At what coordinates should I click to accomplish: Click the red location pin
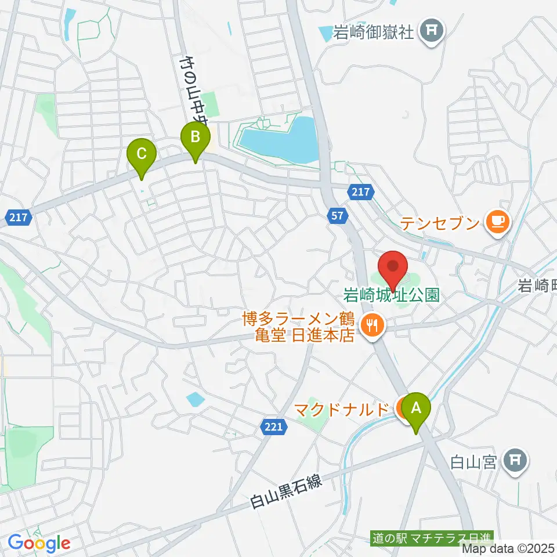pos(393,268)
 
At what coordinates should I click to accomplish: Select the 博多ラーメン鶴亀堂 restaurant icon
pos(370,324)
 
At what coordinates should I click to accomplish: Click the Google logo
pos(39,543)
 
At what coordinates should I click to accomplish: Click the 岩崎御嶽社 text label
pos(374,32)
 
